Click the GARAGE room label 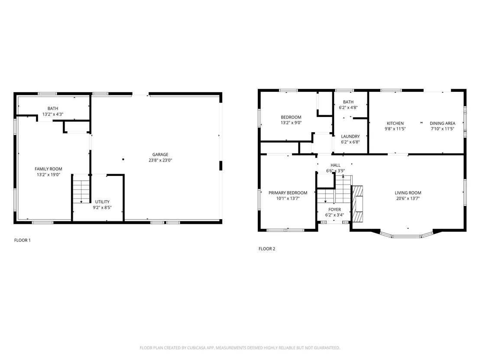coord(160,155)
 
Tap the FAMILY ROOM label coord(49,169)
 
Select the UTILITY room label coord(102,202)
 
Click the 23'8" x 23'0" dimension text coord(160,160)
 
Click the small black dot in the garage coord(123,159)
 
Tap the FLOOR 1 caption coord(23,240)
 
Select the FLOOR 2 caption coord(267,249)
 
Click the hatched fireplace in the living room coord(357,204)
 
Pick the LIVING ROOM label coord(408,193)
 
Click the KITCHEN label coord(395,123)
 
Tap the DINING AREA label coord(442,123)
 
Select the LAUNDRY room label coord(350,136)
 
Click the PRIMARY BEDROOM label coord(288,193)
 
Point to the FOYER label coord(334,210)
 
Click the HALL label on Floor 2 coord(335,165)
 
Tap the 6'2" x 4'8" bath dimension coord(348,107)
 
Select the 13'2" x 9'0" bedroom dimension coord(291,123)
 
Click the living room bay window coord(407,235)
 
